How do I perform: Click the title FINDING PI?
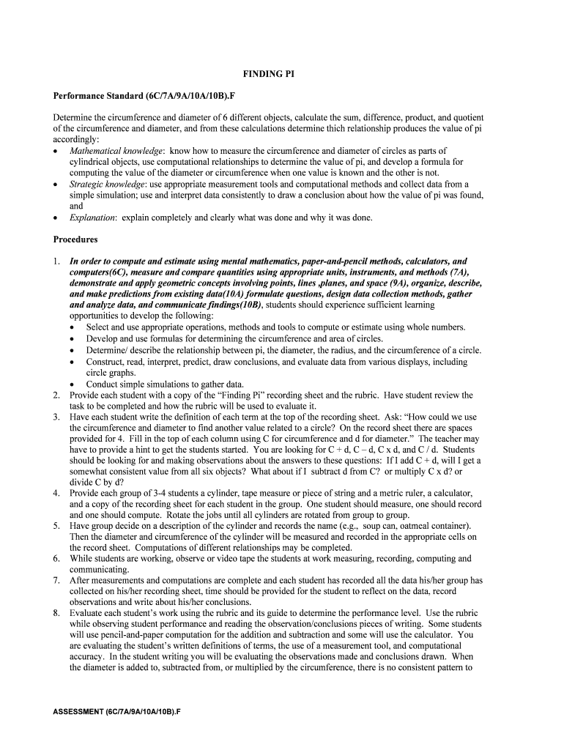click(x=269, y=74)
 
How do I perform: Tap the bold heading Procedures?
click(x=75, y=239)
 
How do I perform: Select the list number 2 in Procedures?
click(x=56, y=395)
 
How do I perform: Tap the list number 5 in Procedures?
click(x=56, y=526)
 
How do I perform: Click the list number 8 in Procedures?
click(x=56, y=612)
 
